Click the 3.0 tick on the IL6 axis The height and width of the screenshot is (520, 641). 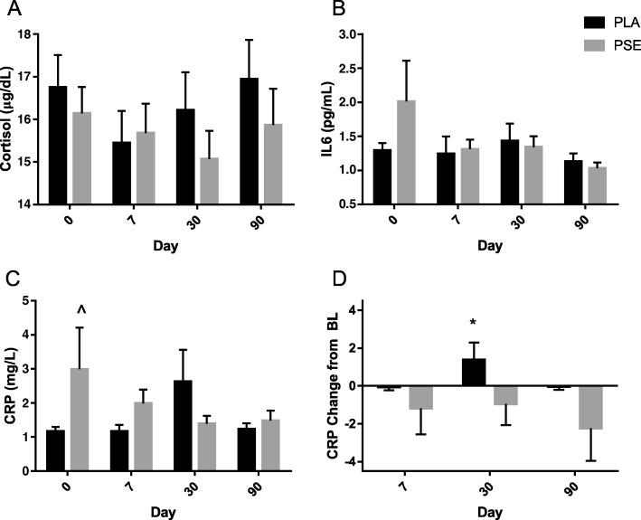352,34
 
